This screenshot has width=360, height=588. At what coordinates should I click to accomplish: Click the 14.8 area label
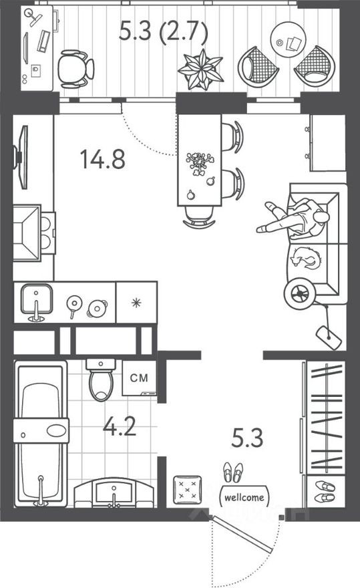[102, 159]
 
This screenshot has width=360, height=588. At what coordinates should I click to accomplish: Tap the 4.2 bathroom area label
[121, 426]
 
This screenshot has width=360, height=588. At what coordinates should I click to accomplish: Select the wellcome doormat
[243, 497]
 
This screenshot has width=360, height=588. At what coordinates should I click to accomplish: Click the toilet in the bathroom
[100, 383]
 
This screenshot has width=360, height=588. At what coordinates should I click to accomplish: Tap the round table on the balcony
[289, 42]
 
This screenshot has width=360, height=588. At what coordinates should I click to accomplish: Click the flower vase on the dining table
[198, 162]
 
